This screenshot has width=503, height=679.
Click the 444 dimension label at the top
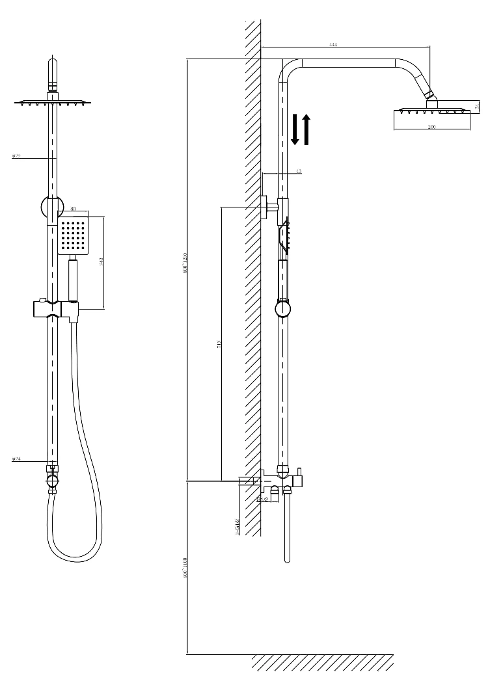333,44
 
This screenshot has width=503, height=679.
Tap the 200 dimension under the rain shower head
432,127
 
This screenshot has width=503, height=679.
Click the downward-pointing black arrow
295,130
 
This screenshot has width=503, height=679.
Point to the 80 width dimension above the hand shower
74,209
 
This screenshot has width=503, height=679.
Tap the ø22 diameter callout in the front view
17,156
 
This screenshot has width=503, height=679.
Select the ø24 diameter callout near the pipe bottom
17,459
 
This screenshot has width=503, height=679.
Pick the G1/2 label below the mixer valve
263,499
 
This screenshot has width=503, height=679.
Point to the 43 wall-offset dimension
299,172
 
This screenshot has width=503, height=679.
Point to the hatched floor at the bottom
322,662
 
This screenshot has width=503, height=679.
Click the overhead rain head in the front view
53,102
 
